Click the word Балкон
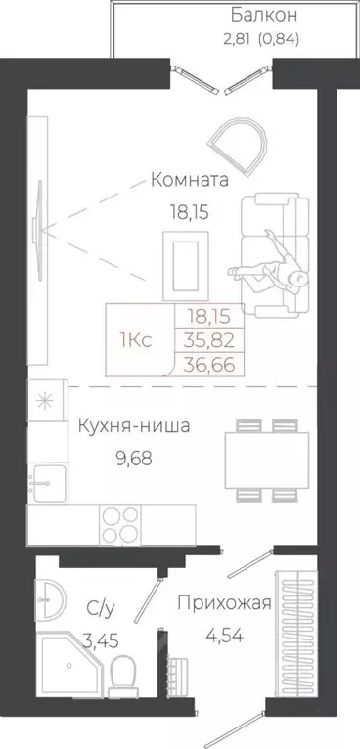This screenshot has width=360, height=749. pyautogui.click(x=264, y=16)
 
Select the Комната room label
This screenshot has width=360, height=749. pyautogui.click(x=190, y=180)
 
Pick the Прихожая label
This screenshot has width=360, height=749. pyautogui.click(x=223, y=603)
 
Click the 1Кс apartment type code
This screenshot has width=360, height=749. pyautogui.click(x=135, y=340)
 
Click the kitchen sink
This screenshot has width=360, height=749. pyautogui.click(x=46, y=481)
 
